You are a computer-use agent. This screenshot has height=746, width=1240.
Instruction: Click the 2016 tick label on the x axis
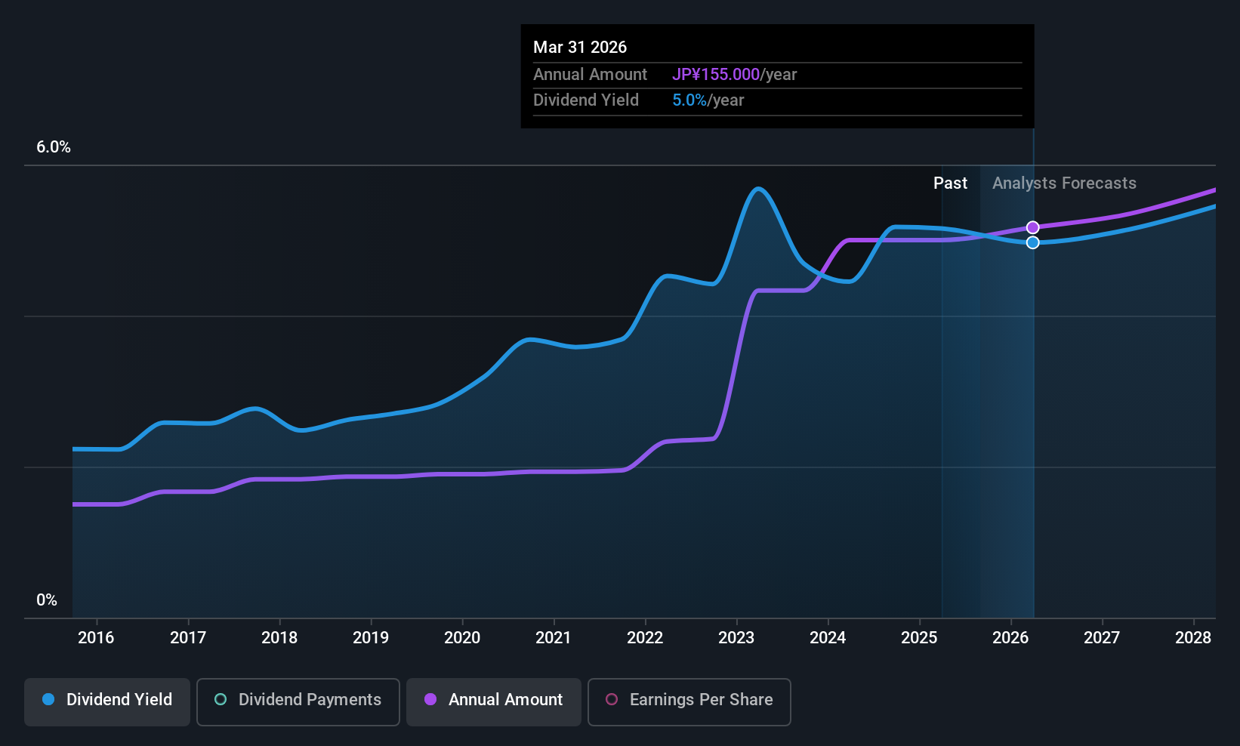coord(96,638)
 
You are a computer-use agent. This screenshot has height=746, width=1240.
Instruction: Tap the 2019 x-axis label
coord(371,638)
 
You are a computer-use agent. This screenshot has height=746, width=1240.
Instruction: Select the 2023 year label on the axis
coord(736,638)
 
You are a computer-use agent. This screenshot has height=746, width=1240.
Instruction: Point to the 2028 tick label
coord(1193,638)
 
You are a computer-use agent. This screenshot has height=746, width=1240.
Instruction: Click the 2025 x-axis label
coord(919,638)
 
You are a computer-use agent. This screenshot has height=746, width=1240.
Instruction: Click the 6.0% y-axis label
coord(54,147)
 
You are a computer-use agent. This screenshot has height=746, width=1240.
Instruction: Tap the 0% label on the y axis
coord(47,600)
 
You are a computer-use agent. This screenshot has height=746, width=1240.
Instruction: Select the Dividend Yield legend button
coord(107,700)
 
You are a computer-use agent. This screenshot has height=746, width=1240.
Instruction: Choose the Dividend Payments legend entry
coord(298,700)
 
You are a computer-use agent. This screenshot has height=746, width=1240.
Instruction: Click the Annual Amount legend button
coord(494,700)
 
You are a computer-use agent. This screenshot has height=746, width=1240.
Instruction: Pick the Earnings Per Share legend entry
coord(689,700)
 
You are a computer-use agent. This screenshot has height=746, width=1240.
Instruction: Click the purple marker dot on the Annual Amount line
coord(1033,227)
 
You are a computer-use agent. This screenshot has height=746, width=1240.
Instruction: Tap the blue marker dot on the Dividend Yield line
coord(1033,242)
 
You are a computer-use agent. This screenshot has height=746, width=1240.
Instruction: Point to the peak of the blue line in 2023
coord(758,189)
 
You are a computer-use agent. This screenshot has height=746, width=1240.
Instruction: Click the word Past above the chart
coord(950,183)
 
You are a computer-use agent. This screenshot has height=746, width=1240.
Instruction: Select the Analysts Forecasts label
coord(1064,183)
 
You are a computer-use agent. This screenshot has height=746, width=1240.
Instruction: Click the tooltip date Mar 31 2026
coord(580,47)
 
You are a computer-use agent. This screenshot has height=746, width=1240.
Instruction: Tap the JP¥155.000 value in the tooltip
coord(716,75)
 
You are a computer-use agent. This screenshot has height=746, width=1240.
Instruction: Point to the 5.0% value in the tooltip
coord(689,100)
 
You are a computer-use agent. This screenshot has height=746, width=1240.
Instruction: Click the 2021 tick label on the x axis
coord(554,638)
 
